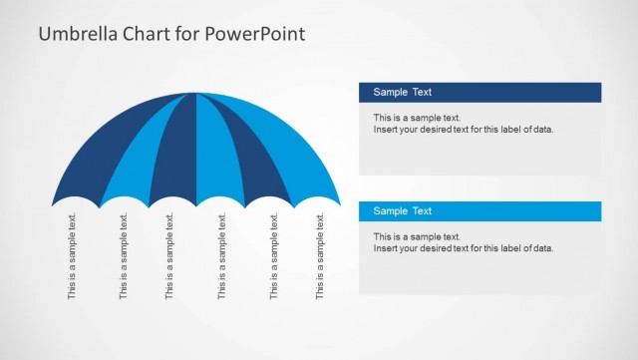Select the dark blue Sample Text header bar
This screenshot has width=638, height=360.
point(479,92)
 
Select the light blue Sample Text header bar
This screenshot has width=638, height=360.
point(479,210)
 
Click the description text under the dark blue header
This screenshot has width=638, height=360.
point(463,124)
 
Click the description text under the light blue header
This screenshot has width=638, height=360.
point(463,242)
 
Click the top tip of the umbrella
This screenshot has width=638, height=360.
point(195,94)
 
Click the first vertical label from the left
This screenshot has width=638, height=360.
point(72,256)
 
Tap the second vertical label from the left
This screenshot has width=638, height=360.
point(124,256)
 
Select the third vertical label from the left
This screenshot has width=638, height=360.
point(169,256)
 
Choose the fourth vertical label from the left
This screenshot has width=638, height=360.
point(222,256)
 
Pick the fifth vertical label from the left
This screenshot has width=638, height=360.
point(274,256)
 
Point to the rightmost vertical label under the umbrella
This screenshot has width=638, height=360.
point(320,256)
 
